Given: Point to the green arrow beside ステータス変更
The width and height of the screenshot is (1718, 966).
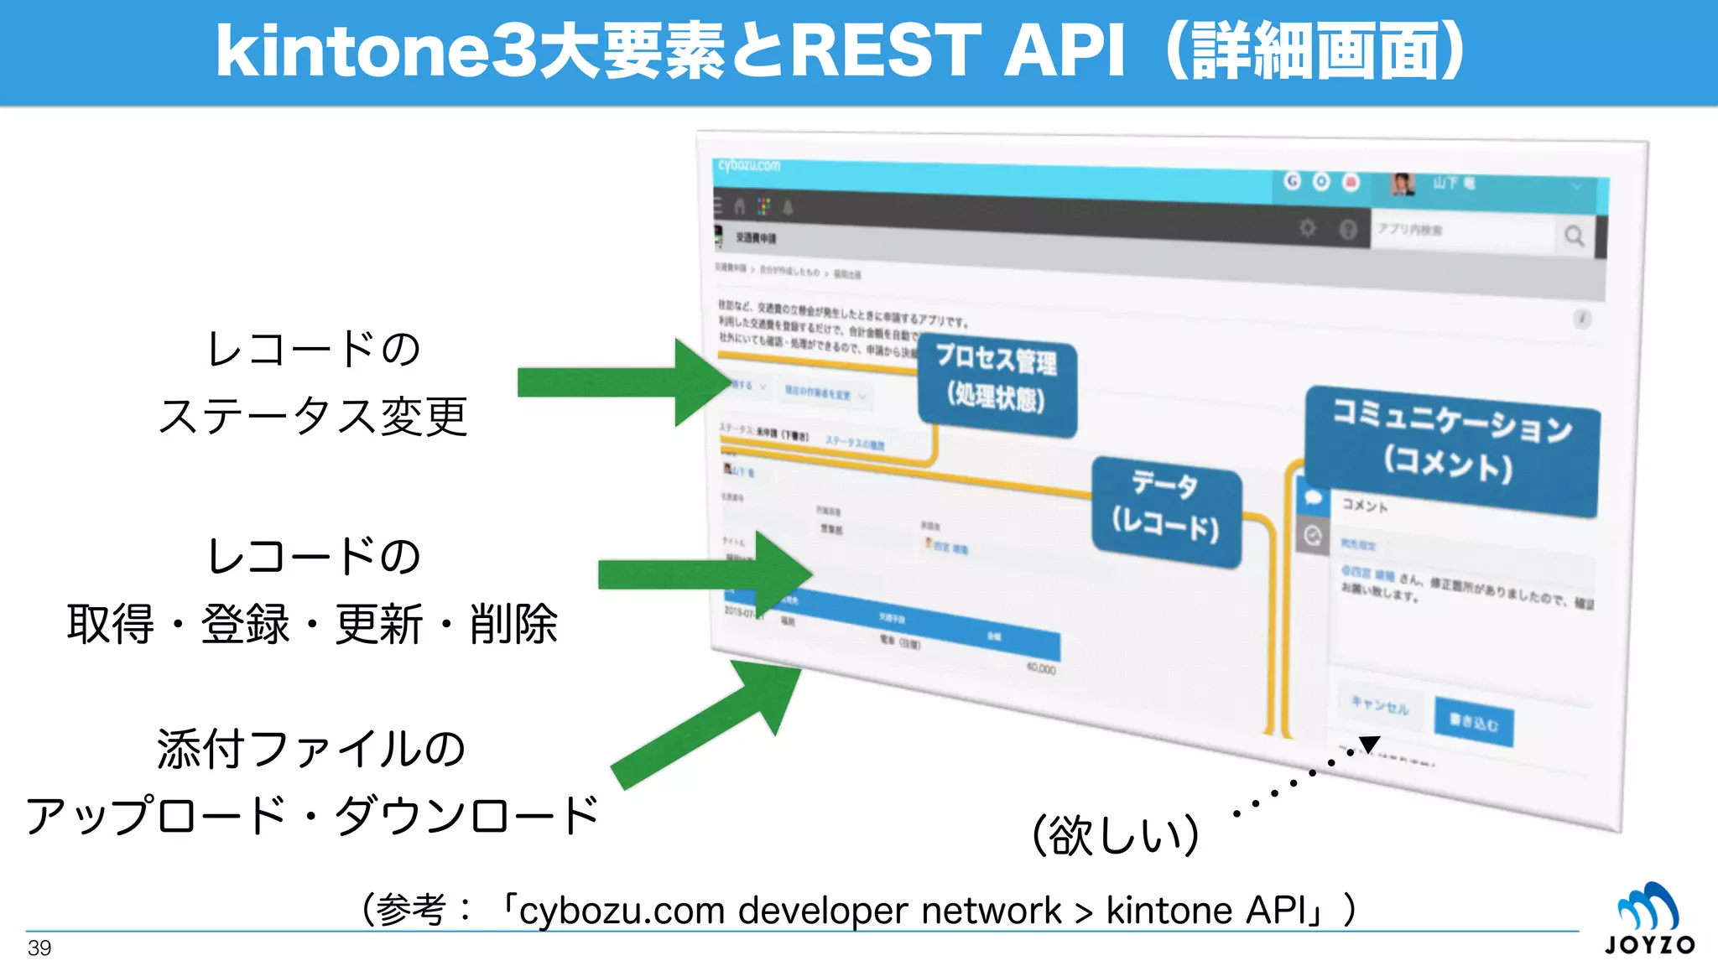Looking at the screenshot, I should click(621, 382).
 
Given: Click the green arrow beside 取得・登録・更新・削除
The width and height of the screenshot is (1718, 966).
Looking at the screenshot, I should click(705, 574).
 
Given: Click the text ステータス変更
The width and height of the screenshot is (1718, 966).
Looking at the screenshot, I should click(313, 417).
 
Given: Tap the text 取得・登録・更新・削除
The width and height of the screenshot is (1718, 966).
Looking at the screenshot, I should click(313, 625).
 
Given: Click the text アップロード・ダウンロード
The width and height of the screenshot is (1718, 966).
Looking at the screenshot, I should click(313, 815).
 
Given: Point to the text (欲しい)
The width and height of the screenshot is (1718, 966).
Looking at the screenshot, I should click(1116, 835).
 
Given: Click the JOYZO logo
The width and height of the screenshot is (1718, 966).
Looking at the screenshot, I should click(1649, 919).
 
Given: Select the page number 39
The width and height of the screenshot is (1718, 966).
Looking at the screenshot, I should click(39, 948).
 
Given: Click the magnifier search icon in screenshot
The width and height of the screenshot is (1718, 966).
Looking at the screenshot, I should click(1574, 236).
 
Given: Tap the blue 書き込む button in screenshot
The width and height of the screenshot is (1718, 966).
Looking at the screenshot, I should click(1474, 721).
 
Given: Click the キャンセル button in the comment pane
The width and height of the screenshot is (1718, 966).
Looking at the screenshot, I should click(1379, 705).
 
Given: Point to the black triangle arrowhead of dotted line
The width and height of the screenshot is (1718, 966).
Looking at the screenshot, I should click(1369, 744).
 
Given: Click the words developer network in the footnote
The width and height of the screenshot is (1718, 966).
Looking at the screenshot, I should click(899, 911).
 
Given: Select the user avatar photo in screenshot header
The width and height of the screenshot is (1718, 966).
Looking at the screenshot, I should click(1402, 184).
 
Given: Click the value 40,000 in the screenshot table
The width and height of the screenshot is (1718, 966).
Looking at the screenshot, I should click(1040, 668).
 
